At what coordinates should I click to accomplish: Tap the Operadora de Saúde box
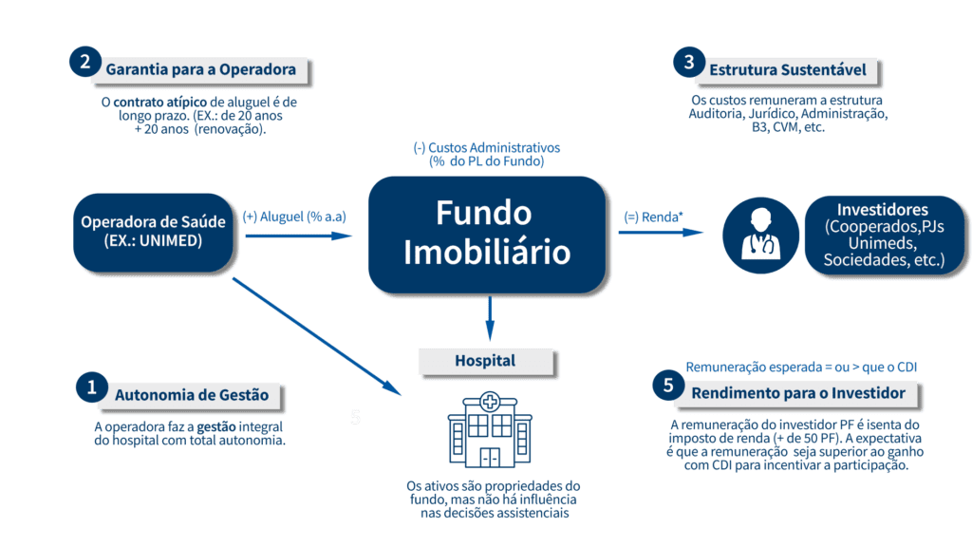pos(153,231)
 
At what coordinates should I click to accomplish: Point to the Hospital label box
pos(485,361)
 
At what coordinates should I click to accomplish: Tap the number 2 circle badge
pos(84,63)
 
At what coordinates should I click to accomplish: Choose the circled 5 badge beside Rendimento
pos(668,386)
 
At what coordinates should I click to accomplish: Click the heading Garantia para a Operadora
pos(200,69)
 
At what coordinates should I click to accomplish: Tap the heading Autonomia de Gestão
pos(192,394)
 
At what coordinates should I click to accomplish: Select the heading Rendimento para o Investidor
pos(797,392)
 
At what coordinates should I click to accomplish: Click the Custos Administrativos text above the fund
pos(486,155)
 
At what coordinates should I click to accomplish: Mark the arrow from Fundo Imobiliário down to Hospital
pos(490,319)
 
